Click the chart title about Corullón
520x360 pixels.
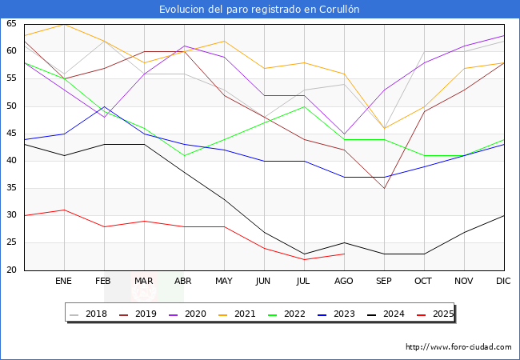[x=259, y=10]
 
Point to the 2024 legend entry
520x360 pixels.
[x=390, y=314]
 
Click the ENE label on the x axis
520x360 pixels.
[x=64, y=282]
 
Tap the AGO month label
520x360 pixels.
[x=344, y=282]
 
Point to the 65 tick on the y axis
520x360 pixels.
[x=12, y=24]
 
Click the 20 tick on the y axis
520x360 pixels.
[x=12, y=270]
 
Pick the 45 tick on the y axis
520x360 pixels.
[x=12, y=134]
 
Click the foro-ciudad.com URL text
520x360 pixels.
[x=458, y=347]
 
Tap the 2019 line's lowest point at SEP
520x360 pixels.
[x=384, y=188]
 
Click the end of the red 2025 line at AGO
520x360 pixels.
[x=344, y=254]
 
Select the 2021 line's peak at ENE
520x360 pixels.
[x=64, y=24]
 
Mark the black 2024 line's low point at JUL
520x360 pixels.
[x=304, y=254]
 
